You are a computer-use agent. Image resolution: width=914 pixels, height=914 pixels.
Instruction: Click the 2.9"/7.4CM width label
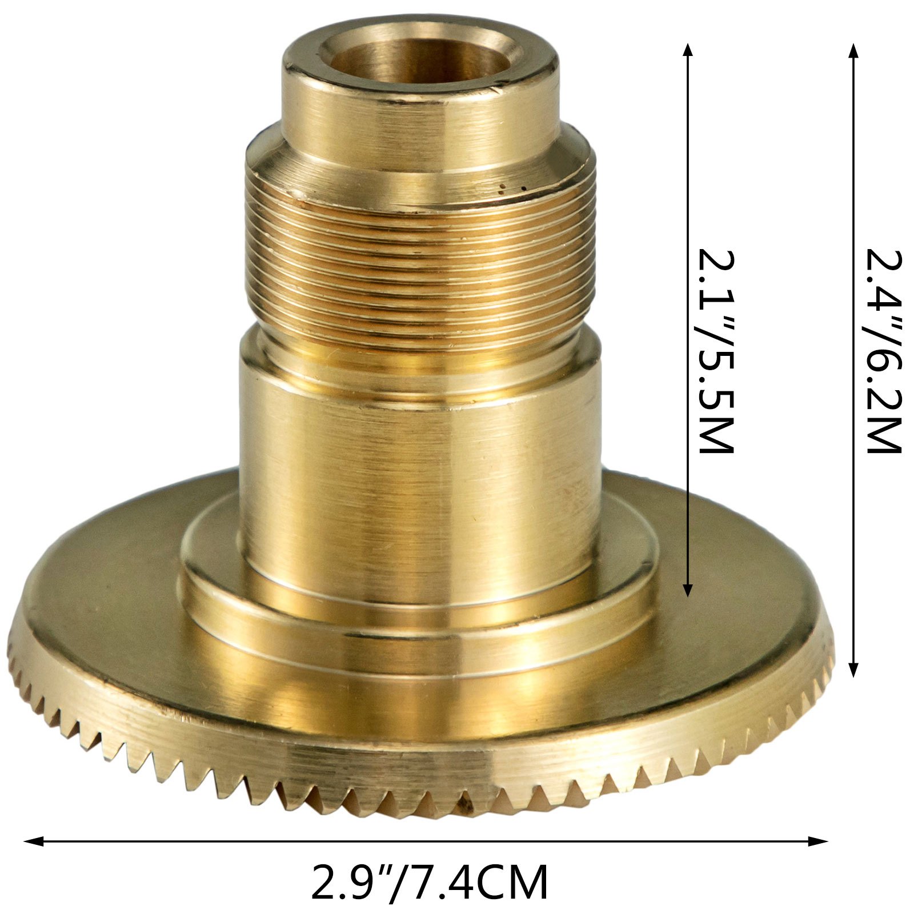(x=429, y=883)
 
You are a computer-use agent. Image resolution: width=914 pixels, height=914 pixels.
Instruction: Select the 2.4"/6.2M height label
(x=883, y=351)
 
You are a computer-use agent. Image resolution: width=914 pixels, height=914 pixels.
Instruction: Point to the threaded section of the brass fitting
(x=420, y=268)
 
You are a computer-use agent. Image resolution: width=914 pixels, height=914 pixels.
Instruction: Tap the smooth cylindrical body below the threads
(x=420, y=468)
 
